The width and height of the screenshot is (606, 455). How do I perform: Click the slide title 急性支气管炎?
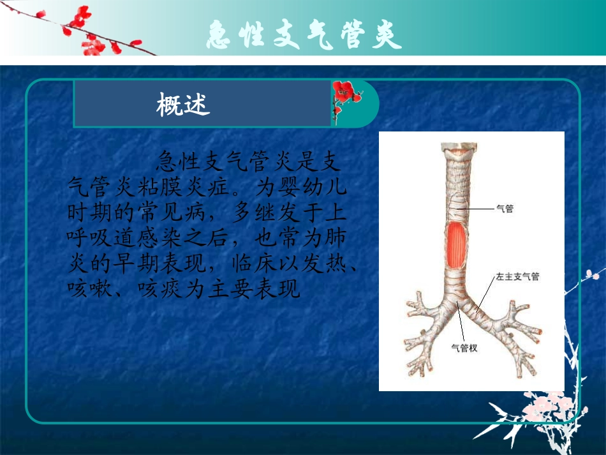(x=304, y=35)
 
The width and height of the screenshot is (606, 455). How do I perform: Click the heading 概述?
(x=183, y=104)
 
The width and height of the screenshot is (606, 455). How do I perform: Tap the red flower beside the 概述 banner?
(x=344, y=96)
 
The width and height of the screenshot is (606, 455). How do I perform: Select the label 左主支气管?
(x=517, y=276)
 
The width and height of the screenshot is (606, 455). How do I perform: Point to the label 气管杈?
(x=464, y=348)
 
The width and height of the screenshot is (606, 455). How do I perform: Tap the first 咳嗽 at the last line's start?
(x=87, y=289)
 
